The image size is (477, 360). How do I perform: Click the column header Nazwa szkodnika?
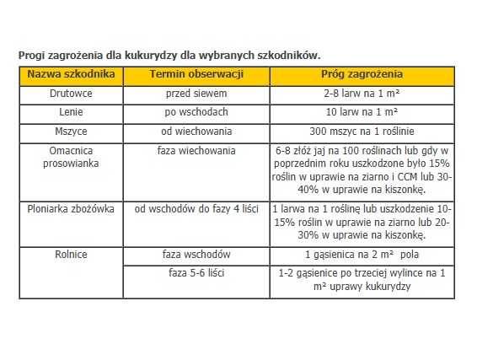click(x=70, y=75)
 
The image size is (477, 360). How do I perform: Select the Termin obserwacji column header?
click(x=196, y=75)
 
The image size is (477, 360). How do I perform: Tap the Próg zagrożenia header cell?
click(x=362, y=75)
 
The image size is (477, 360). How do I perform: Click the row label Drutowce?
click(x=70, y=94)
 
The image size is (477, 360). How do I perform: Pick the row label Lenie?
click(x=70, y=112)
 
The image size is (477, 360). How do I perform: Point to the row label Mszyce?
click(x=70, y=132)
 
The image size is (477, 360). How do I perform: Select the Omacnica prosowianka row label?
click(x=70, y=157)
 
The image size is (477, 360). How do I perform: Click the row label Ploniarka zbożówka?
click(x=70, y=207)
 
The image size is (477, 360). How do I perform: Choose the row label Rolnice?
click(x=70, y=254)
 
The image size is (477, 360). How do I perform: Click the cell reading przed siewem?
click(x=196, y=94)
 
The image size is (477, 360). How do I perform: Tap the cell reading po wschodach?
click(x=196, y=112)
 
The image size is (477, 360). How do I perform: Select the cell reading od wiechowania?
click(x=196, y=132)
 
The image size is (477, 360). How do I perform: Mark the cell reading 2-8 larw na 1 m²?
click(x=362, y=94)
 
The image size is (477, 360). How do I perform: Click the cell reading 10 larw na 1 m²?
click(x=362, y=112)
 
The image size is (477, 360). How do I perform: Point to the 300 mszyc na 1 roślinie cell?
click(x=362, y=132)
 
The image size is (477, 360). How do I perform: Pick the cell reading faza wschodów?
click(x=196, y=254)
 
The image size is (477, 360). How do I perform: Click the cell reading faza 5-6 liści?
click(x=196, y=273)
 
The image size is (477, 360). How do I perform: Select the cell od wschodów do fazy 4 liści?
click(x=196, y=207)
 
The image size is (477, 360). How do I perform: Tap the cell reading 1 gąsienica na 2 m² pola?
click(x=362, y=254)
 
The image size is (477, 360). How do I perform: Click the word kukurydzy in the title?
click(x=142, y=55)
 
